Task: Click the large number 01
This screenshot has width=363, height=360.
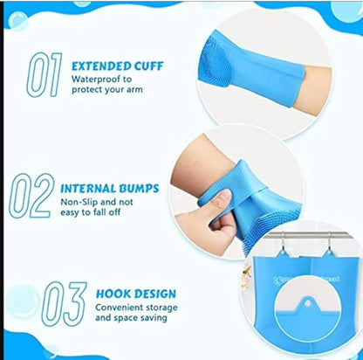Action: point(44,74)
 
